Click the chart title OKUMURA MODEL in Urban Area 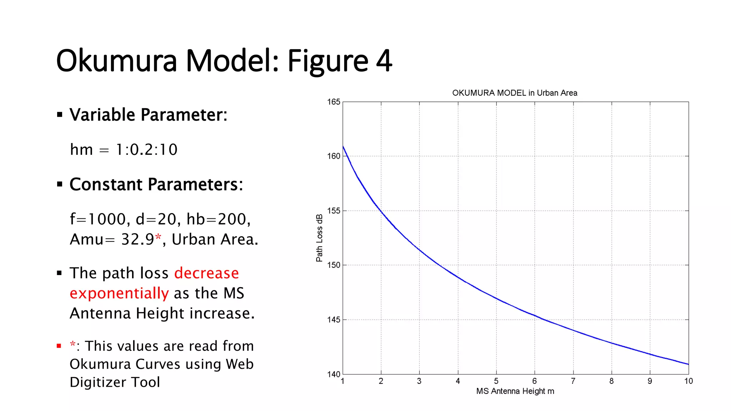[x=514, y=93]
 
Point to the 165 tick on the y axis [x=334, y=102]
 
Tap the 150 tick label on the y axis [x=334, y=265]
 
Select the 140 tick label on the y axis [x=334, y=374]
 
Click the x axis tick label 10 [x=688, y=381]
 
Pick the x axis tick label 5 [x=496, y=381]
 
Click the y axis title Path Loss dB [x=319, y=238]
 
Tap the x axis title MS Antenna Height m [x=515, y=391]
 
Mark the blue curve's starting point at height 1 [x=343, y=146]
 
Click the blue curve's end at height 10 [x=688, y=364]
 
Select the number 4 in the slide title [x=384, y=61]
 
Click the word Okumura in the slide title [x=116, y=61]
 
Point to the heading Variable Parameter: [x=148, y=115]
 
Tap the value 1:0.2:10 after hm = [x=146, y=149]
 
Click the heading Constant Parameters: [x=156, y=184]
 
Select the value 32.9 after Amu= [x=137, y=239]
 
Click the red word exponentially [x=119, y=293]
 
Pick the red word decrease [x=206, y=273]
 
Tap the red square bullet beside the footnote [x=59, y=346]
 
